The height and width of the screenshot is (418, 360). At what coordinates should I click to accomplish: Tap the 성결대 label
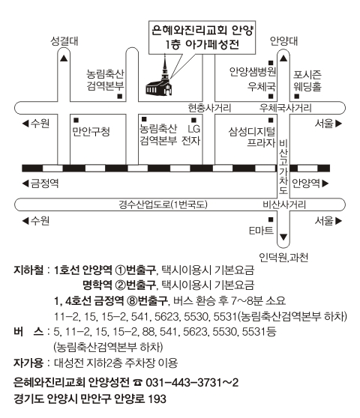coord(64,41)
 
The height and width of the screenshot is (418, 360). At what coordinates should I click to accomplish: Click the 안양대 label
coord(283,41)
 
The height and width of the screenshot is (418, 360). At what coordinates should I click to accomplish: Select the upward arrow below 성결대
coord(64,58)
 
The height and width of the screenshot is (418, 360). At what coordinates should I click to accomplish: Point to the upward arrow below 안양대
coord(283,58)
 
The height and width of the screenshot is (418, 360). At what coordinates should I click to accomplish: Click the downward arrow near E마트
coord(283,237)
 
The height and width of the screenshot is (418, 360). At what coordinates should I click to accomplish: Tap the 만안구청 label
coord(91,131)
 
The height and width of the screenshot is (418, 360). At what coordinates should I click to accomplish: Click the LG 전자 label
coord(191,135)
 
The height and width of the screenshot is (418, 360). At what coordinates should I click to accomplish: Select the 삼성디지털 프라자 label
coord(252,137)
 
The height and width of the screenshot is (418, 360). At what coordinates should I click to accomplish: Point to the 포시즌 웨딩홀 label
coord(307,81)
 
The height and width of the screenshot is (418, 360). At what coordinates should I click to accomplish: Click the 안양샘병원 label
coord(253,71)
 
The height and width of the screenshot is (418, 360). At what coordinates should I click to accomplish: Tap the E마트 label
coord(261,230)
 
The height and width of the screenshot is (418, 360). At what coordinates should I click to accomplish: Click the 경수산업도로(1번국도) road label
coord(163,205)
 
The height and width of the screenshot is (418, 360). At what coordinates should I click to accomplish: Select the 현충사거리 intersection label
coord(209,108)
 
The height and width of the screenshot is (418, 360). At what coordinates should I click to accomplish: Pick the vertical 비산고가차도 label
coord(283,166)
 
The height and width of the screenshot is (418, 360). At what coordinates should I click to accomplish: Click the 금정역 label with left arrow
coord(40,184)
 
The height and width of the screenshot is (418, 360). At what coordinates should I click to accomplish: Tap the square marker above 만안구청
coord(76,120)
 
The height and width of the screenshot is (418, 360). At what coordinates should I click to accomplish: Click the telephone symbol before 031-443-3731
coord(137,383)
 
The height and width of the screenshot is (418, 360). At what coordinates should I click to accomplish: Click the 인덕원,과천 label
coord(283,258)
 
